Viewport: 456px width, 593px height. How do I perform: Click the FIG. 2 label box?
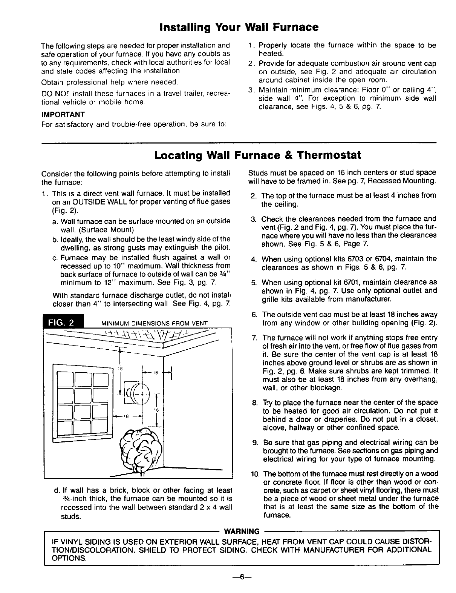pos(64,322)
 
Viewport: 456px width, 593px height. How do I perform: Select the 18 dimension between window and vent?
pos(127,416)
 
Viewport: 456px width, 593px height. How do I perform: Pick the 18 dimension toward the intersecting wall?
pos(155,373)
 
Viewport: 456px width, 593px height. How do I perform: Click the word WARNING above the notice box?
pos(242,532)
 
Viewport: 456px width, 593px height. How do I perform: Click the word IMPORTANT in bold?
pos(63,114)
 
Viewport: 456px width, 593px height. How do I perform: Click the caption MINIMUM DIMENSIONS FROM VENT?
pos(155,323)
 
